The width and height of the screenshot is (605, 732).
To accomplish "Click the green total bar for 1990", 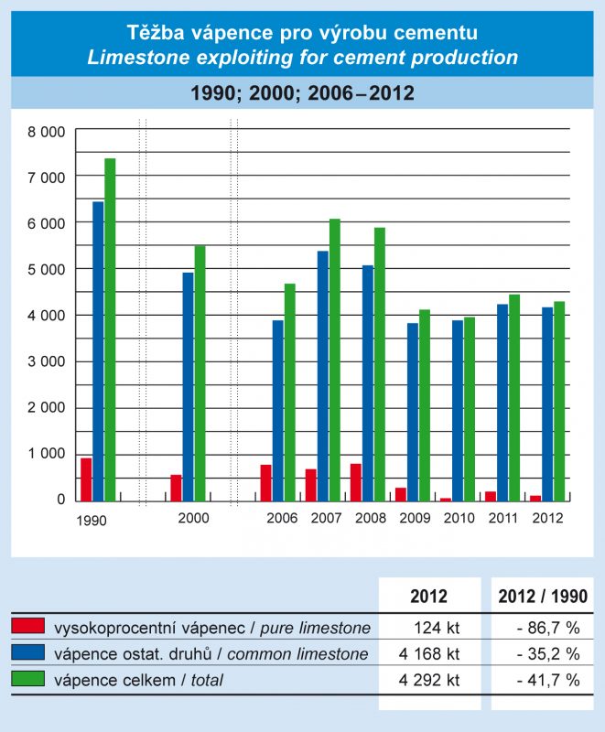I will click(x=110, y=329).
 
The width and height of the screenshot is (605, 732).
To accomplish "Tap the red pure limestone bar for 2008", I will click(x=355, y=482).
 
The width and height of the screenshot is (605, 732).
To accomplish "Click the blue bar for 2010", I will click(x=457, y=411).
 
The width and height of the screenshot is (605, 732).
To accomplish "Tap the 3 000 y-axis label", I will click(x=47, y=361).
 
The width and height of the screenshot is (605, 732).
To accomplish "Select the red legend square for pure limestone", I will click(x=27, y=627).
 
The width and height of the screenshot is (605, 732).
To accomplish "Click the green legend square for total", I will click(x=27, y=678).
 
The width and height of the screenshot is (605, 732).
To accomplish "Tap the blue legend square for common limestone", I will click(x=27, y=652).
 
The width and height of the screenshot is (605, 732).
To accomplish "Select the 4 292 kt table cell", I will click(x=429, y=679).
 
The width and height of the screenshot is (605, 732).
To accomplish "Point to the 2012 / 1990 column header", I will click(x=543, y=597).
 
